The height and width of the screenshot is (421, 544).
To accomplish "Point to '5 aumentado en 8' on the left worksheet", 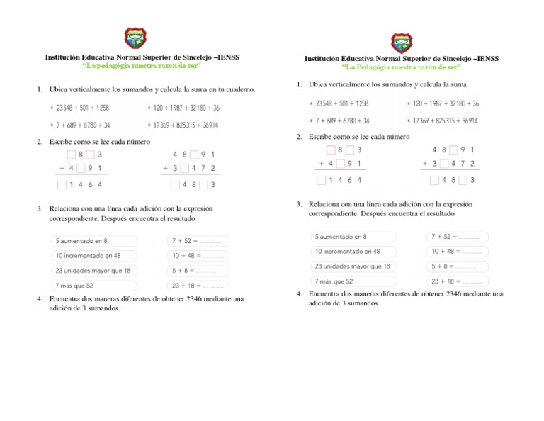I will tap(81, 241).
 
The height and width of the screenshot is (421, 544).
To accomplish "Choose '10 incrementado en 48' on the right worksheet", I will tap(347, 252).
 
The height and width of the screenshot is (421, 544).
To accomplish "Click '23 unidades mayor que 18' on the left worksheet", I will tap(93, 271).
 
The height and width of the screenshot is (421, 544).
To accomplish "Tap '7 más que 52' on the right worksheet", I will tap(334, 281).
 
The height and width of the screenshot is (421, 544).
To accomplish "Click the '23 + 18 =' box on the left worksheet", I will tap(198, 286).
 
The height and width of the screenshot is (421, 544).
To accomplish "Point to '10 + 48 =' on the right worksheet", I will tap(457, 252).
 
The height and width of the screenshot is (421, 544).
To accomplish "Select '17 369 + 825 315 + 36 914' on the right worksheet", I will tap(445, 120).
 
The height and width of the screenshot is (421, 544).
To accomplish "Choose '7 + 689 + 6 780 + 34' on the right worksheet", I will tap(343, 120).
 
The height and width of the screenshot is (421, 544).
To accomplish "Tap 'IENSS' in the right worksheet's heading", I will tap(486, 59).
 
